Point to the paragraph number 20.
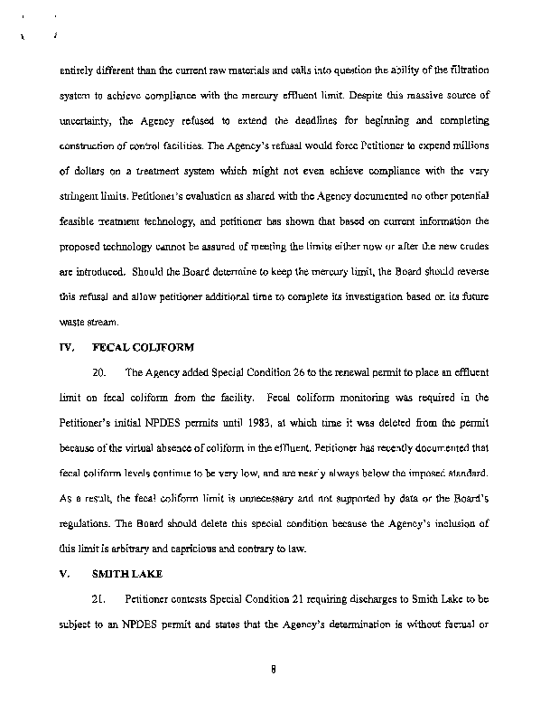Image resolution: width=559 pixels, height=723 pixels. coord(101,371)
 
